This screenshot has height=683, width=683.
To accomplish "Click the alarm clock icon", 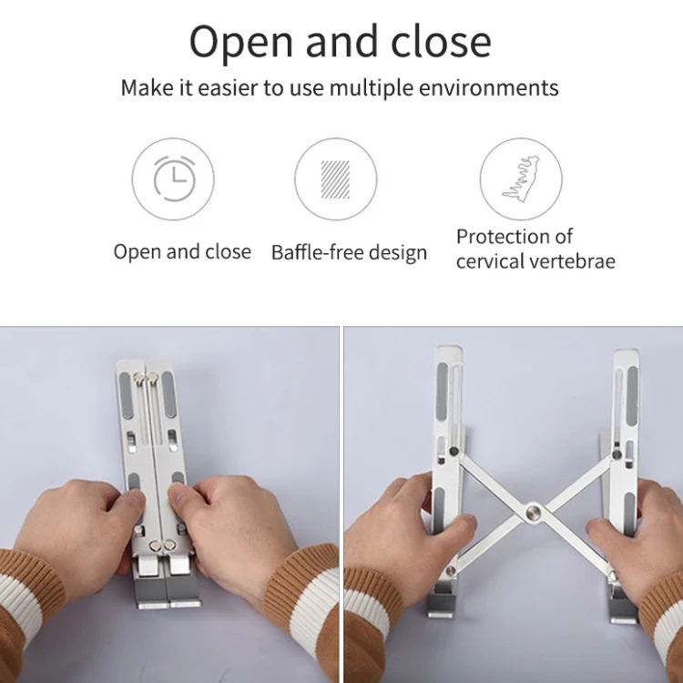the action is (x=174, y=178).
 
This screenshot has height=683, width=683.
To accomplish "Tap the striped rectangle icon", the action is (x=335, y=179).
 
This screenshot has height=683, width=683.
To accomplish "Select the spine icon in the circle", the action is (x=521, y=179).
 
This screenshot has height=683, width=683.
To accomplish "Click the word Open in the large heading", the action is (x=242, y=42).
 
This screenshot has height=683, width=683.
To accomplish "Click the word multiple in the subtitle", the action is (x=372, y=88).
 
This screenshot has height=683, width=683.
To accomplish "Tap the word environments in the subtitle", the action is (x=489, y=88).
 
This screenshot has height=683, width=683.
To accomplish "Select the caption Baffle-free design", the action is (x=349, y=252).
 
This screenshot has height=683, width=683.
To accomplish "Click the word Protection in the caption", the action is (x=502, y=238).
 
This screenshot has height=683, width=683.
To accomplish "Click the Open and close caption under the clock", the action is (x=182, y=252).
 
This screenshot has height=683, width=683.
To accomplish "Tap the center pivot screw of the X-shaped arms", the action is (x=533, y=511).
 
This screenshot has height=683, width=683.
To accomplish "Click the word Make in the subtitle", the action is (x=147, y=88).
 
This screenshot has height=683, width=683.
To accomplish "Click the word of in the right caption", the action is (x=564, y=238).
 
